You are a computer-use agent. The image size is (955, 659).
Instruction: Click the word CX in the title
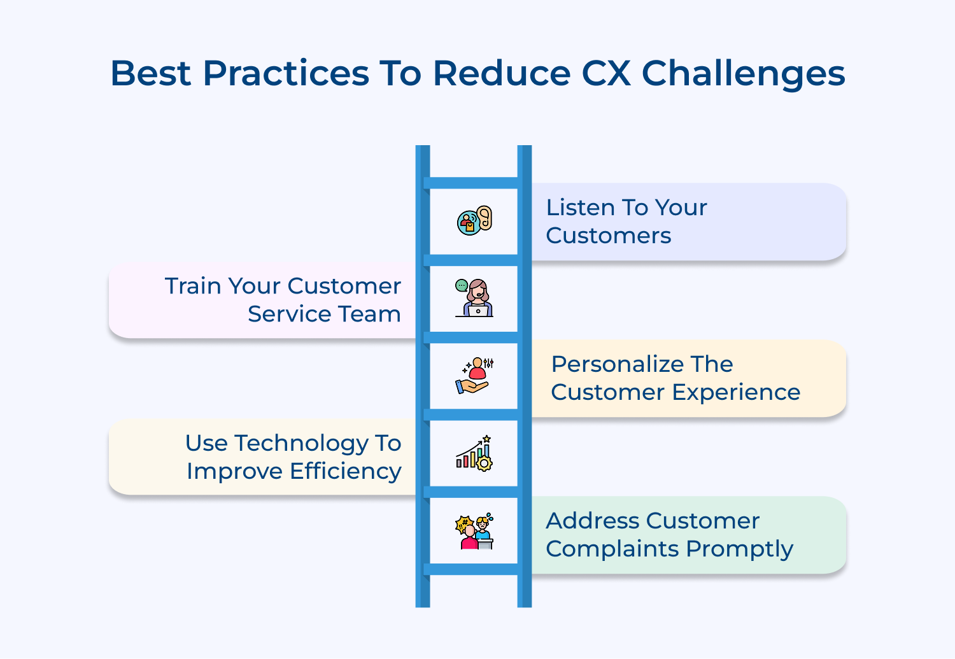tap(605, 73)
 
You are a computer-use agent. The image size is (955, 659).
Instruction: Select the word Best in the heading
tap(150, 73)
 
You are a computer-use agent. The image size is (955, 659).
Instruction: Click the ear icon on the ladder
tap(475, 220)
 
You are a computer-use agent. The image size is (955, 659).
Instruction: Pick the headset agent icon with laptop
tap(474, 298)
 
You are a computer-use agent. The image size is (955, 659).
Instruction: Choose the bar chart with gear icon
tap(474, 453)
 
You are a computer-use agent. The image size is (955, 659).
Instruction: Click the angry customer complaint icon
tap(474, 532)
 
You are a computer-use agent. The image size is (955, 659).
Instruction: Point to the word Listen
tap(580, 208)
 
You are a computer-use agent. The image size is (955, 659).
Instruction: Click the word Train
tap(193, 286)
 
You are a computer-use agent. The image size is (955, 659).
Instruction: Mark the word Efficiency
tap(346, 471)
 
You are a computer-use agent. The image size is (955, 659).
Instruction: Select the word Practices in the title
tap(286, 73)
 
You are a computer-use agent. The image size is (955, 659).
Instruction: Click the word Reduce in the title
tap(502, 73)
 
